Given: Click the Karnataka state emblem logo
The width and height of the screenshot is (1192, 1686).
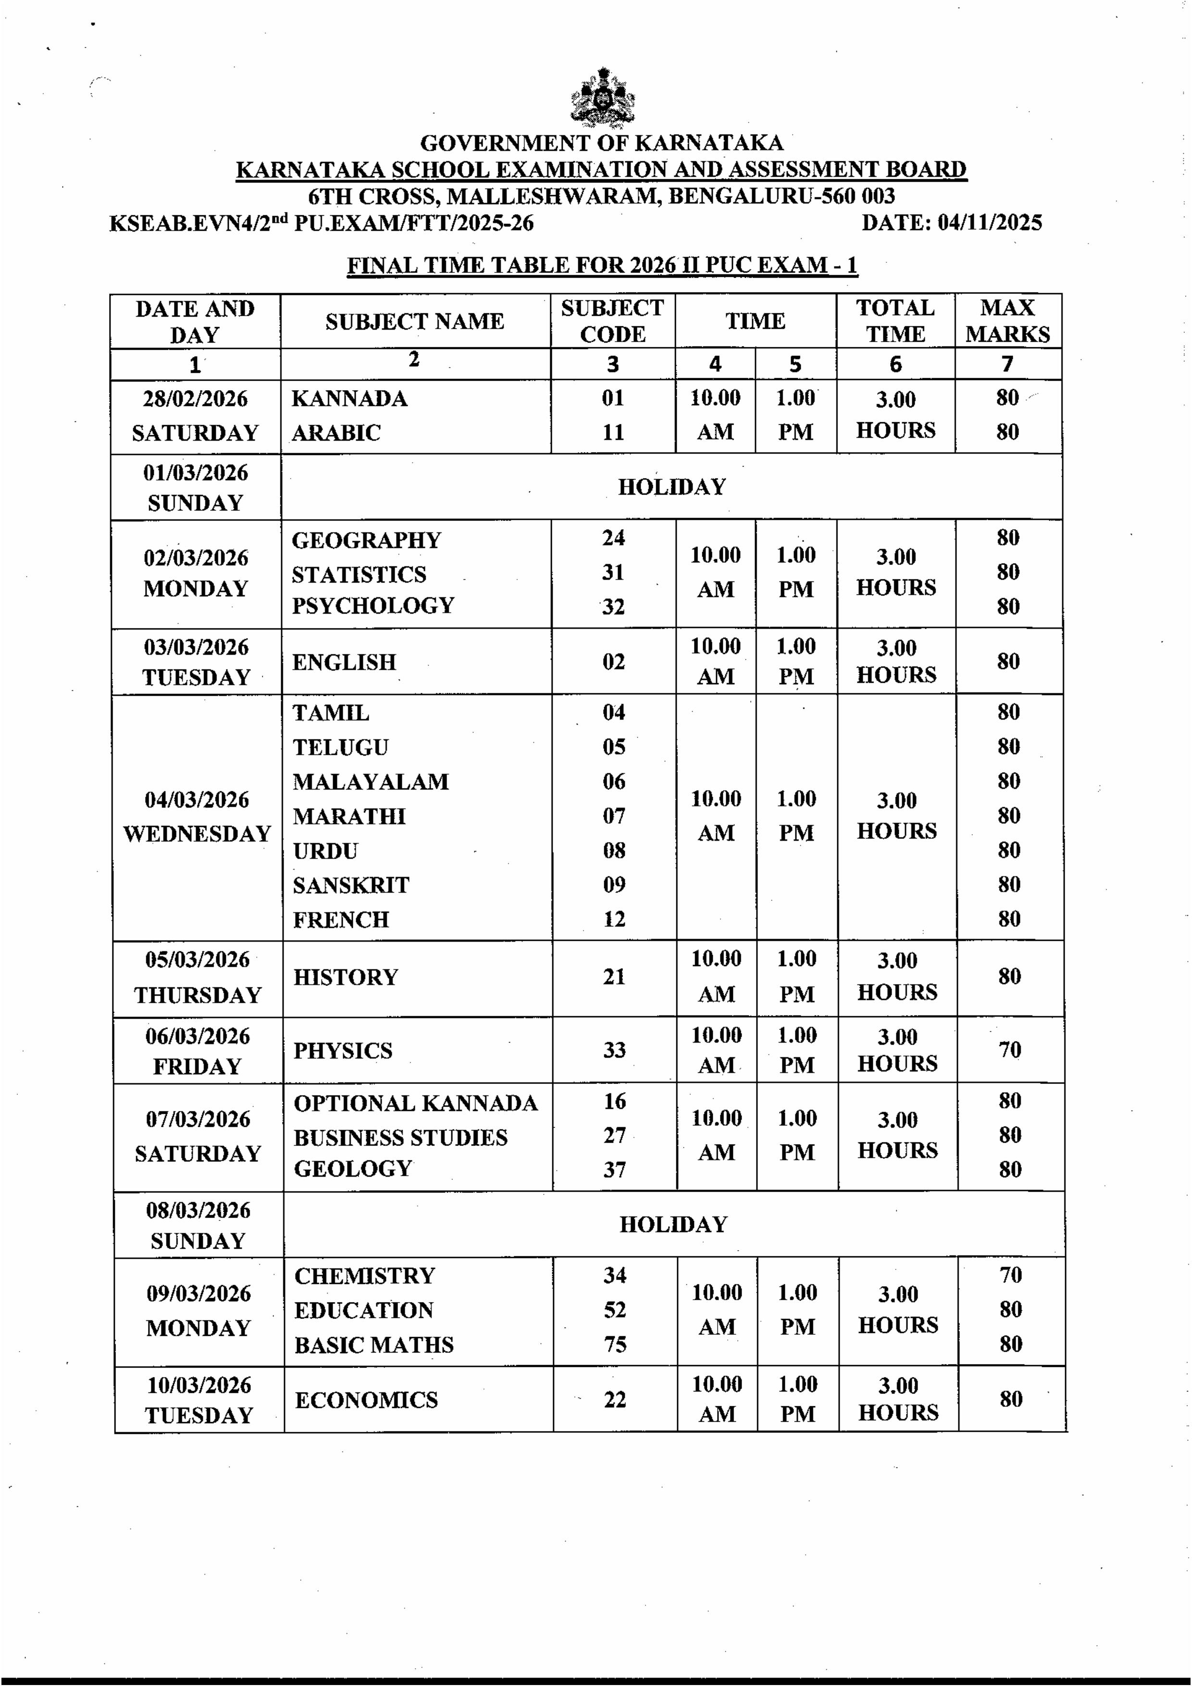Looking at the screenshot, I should (602, 97).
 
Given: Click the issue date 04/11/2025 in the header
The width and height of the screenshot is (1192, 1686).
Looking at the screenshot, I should (989, 222).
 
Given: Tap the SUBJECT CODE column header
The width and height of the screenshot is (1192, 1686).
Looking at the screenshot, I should (612, 321).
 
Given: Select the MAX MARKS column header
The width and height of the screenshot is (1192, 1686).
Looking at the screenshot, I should (1007, 321).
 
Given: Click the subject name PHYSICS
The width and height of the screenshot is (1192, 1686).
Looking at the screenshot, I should (343, 1051).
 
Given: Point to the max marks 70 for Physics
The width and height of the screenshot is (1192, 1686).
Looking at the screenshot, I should (1009, 1050).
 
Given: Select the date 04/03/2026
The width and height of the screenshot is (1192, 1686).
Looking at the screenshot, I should (197, 800).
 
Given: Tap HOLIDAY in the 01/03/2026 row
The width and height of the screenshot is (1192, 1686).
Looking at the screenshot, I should (671, 487).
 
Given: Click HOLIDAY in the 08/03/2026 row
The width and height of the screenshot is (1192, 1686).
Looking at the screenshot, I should (673, 1224).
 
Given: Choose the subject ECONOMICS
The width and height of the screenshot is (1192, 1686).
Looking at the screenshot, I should (366, 1400).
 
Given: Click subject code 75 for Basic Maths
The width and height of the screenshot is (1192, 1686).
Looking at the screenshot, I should (615, 1344).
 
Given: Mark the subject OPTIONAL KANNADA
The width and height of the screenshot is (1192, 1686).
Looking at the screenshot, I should (416, 1103).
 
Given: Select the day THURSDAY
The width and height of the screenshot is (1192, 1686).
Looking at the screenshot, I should (198, 995).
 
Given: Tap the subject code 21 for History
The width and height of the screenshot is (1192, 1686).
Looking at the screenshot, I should (614, 977).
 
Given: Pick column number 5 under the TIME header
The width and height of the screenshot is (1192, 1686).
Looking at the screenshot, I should (795, 364).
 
